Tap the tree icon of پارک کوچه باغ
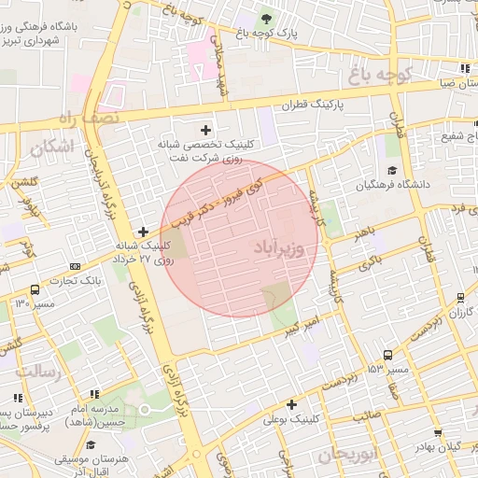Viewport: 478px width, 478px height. (268, 18)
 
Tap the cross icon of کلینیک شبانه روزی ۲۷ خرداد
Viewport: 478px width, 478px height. (142, 231)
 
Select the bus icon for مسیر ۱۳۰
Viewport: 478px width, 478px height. (35, 289)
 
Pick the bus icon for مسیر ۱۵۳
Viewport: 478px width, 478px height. (387, 355)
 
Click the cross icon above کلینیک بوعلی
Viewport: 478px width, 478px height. (292, 404)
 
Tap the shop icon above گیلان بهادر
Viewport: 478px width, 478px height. (439, 432)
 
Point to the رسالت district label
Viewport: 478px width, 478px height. (37, 373)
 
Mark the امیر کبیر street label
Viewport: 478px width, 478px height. (308, 326)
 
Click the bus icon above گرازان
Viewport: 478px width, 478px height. (461, 298)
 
